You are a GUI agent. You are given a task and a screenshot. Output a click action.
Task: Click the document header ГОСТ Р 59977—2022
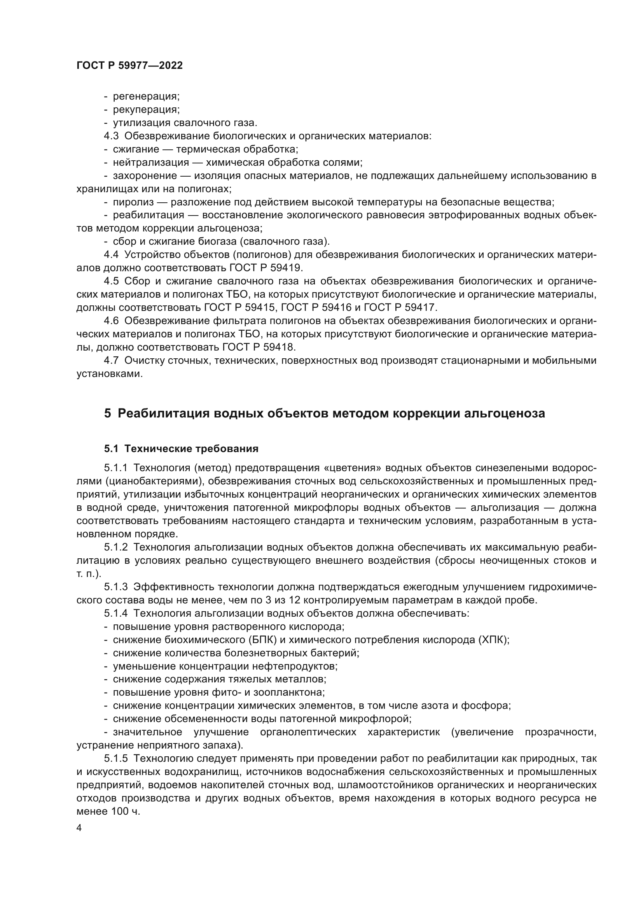coord(129,66)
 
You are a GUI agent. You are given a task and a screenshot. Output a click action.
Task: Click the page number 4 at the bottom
coord(79,828)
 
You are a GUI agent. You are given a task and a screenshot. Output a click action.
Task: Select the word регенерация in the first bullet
coord(146,96)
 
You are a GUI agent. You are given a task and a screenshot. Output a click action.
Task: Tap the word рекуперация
coord(146,109)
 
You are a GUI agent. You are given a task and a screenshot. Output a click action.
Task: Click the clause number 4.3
coord(111,136)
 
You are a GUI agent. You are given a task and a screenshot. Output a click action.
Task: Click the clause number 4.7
coord(111,360)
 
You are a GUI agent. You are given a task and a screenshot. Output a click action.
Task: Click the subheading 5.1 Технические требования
coord(181,449)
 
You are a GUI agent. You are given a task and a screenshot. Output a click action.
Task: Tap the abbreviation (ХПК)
coord(493,640)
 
